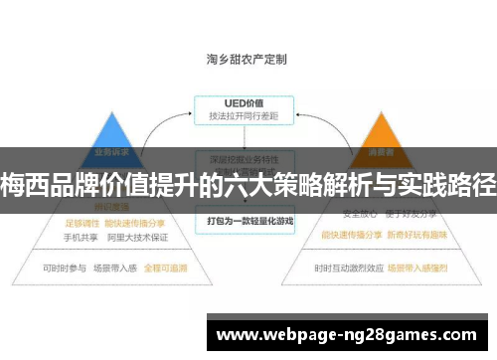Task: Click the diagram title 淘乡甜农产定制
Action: [x=248, y=59]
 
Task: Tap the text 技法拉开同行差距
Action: [x=243, y=116]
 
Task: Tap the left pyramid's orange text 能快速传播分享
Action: [x=133, y=223]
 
